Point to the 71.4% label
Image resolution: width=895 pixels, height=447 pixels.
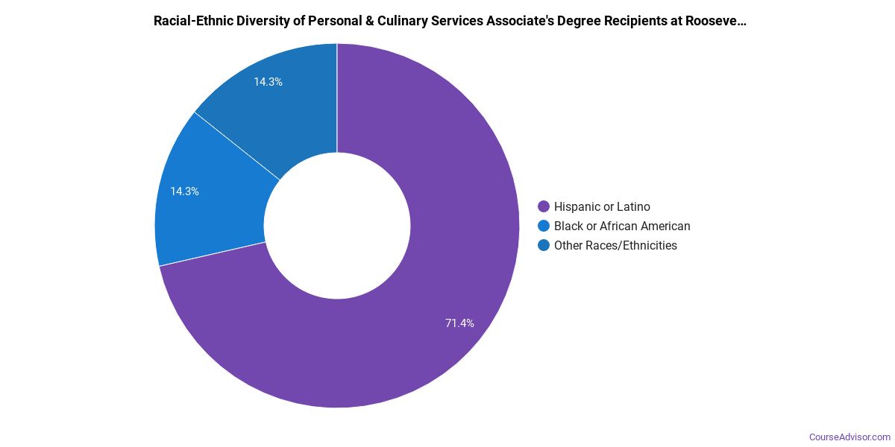point(459,323)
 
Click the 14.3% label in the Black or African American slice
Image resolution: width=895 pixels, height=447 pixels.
point(184,191)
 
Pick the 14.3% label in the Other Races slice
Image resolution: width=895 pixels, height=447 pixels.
point(268,82)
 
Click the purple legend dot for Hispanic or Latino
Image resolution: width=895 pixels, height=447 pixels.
point(544,206)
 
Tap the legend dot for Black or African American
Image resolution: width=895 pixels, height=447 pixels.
point(544,226)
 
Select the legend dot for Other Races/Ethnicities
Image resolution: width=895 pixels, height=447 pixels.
point(544,245)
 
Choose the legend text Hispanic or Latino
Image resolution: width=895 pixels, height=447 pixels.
point(602,206)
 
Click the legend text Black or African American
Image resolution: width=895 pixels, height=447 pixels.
point(622,226)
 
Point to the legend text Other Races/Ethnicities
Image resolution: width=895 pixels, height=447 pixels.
point(615,245)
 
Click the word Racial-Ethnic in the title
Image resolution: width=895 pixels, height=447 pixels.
point(191,21)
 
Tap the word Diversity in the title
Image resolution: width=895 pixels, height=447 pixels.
point(262,21)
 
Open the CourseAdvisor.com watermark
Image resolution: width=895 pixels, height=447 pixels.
point(850,437)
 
